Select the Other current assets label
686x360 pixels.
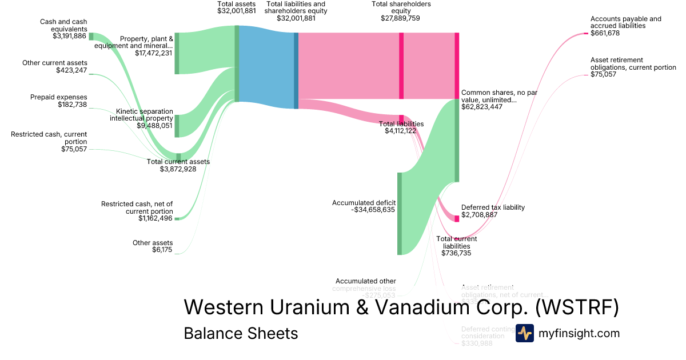pos(55,63)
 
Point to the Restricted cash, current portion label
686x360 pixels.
pos(49,138)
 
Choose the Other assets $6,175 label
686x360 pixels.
pos(152,246)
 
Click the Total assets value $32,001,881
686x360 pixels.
pos(237,11)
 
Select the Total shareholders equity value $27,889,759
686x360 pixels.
pos(401,18)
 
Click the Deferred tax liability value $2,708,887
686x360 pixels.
pos(479,215)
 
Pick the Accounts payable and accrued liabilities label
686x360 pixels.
pos(625,22)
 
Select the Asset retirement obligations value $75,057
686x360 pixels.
pos(603,74)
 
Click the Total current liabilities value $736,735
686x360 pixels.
pos(456,253)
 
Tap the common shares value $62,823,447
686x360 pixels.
pos(482,107)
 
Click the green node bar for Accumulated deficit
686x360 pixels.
pos(400,213)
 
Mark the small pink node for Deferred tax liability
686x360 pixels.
pos(457,218)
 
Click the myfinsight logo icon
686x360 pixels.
pos(524,333)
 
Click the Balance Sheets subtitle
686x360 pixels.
pos(241,333)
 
